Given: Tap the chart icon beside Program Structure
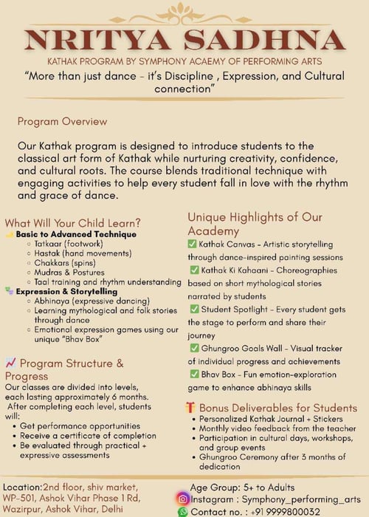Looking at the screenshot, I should [11, 363].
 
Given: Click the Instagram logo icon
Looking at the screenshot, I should [183, 499].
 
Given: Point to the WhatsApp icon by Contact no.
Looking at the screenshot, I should [183, 511].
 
